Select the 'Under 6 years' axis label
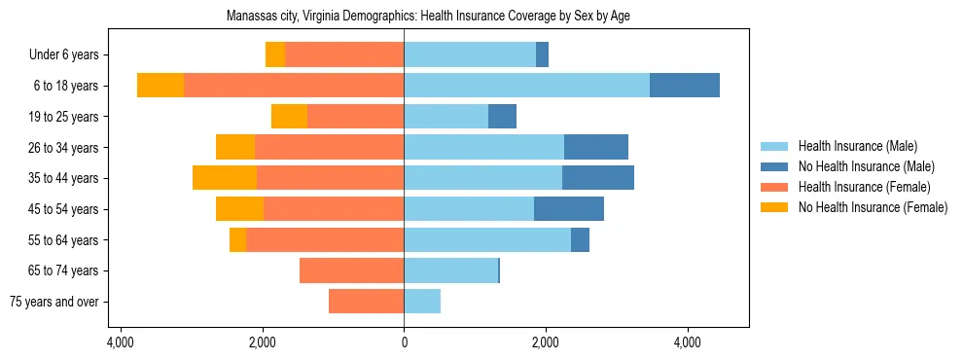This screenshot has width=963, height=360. pyautogui.click(x=70, y=54)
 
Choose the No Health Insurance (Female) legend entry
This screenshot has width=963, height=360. pyautogui.click(x=873, y=207)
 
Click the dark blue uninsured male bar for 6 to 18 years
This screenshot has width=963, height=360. pyautogui.click(x=685, y=86)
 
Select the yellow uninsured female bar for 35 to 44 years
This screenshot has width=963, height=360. pyautogui.click(x=225, y=178)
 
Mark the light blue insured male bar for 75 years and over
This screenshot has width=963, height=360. pyautogui.click(x=422, y=302)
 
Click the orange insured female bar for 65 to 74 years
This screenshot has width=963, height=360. pyautogui.click(x=351, y=270)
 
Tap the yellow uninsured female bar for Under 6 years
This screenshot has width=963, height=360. pyautogui.click(x=275, y=54)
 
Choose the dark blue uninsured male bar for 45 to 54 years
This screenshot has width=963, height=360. pyautogui.click(x=569, y=209)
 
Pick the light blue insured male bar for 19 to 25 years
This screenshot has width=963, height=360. pyautogui.click(x=446, y=117)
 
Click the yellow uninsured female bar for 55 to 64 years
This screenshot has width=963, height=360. pyautogui.click(x=237, y=239)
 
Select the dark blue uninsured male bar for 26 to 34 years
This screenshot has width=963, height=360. pyautogui.click(x=596, y=147)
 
